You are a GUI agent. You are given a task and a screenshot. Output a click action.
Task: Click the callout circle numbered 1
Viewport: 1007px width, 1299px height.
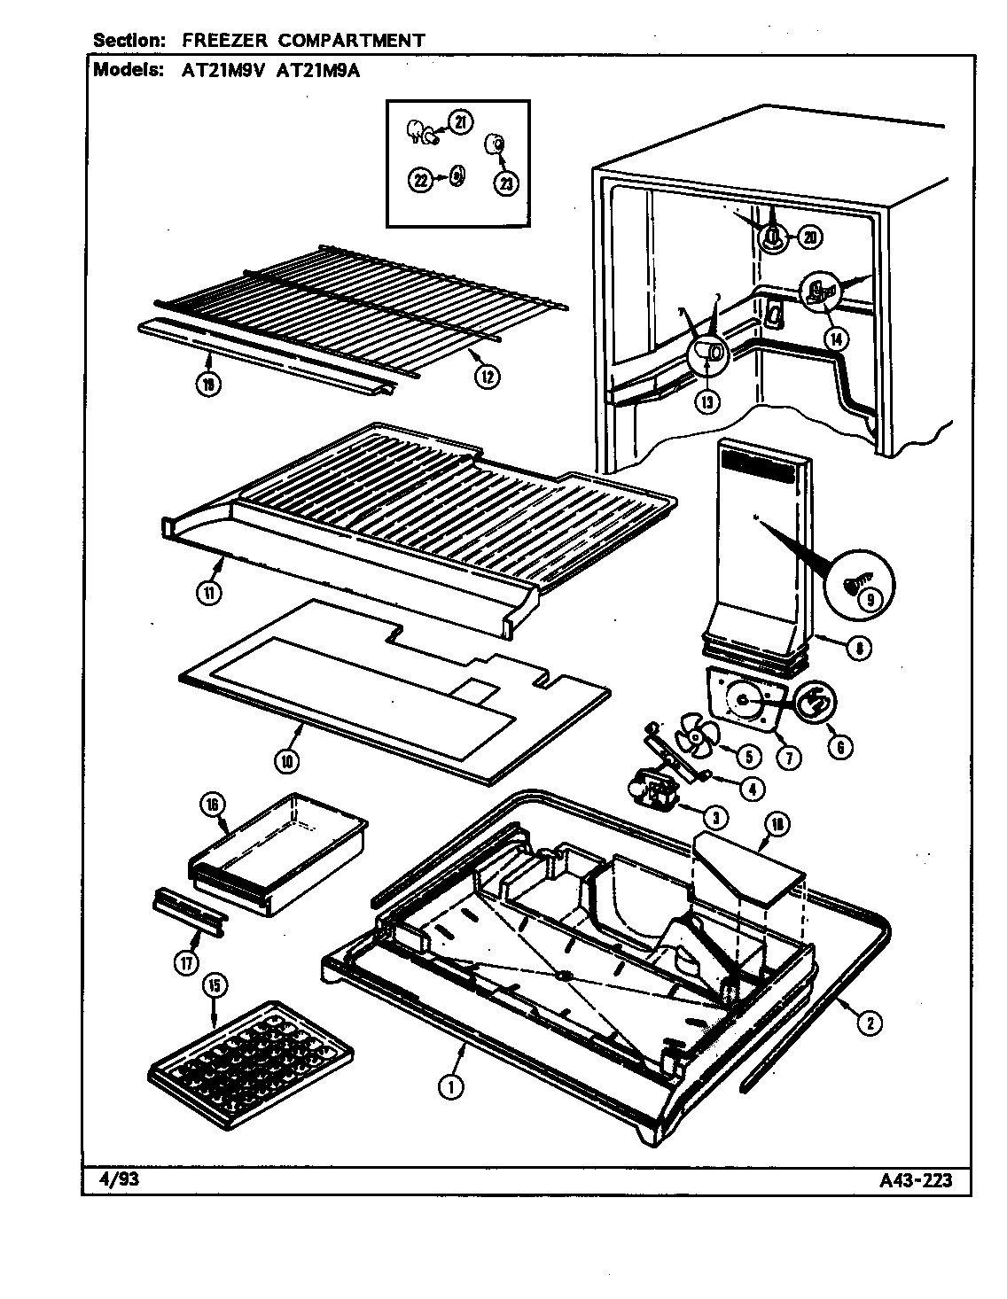click(450, 1086)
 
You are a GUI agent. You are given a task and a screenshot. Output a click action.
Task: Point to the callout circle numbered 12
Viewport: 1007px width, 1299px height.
click(486, 375)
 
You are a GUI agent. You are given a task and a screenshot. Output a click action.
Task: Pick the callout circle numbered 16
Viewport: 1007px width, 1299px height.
click(215, 805)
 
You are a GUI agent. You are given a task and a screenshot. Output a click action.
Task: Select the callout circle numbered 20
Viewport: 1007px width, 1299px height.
click(810, 237)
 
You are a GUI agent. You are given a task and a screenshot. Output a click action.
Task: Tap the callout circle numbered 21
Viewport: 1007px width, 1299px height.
click(459, 122)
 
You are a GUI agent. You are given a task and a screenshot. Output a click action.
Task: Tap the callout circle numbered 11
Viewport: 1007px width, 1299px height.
click(207, 594)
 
